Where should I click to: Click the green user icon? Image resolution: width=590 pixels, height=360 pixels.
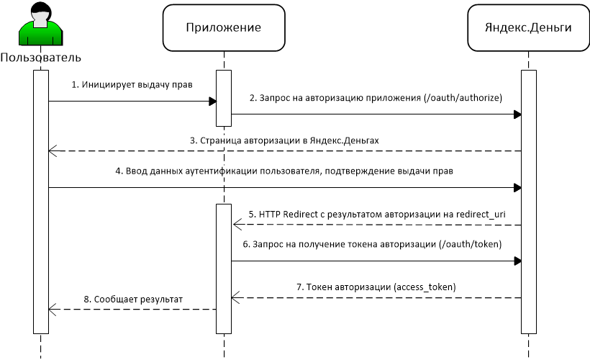(40, 24)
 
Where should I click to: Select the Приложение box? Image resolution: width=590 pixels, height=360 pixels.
(224, 27)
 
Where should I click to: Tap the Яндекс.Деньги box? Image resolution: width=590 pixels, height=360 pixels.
(528, 27)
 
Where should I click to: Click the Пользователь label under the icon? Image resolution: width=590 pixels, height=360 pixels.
(40, 58)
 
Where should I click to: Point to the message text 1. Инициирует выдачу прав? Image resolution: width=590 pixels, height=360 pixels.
(132, 85)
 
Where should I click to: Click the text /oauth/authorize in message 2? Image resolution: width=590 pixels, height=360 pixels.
(463, 98)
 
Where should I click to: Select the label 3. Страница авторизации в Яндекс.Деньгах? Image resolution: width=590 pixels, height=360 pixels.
(284, 140)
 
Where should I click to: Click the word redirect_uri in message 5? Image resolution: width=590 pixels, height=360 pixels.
(481, 215)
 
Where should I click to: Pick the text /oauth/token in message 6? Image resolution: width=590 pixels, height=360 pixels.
(471, 244)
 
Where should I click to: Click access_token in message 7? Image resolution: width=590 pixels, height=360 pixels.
(425, 287)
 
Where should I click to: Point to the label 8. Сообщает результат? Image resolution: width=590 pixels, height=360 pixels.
(133, 300)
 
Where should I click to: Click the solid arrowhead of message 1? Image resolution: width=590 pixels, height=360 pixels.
(212, 102)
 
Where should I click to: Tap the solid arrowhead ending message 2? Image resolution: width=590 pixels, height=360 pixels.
(517, 114)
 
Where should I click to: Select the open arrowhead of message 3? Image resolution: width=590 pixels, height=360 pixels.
(53, 151)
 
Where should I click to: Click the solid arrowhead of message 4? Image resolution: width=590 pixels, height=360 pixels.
(517, 187)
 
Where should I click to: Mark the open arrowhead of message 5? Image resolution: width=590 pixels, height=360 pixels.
(237, 225)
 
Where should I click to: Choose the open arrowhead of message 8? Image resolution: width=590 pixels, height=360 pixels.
(53, 310)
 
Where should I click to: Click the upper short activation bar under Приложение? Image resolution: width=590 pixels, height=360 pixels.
(224, 99)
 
